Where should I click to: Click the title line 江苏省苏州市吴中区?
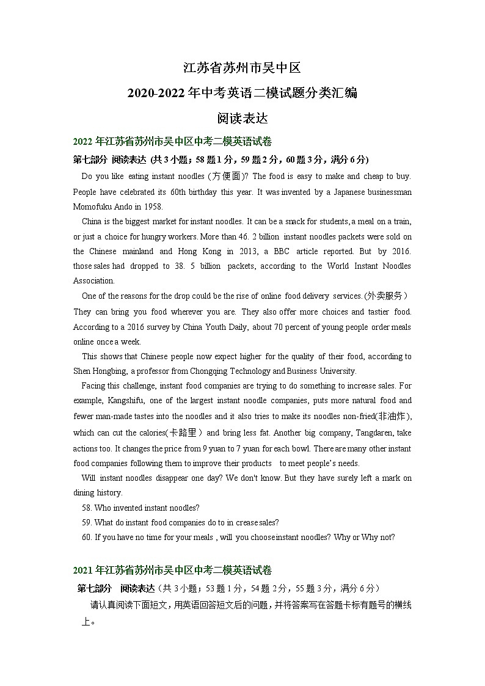[x=242, y=67]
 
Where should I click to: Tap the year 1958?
[x=153, y=206]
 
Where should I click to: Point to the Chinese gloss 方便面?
[x=225, y=177]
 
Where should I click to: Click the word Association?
[x=93, y=281]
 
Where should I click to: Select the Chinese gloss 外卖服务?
[x=386, y=296]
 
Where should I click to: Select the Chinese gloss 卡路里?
[x=183, y=432]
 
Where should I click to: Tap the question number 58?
[x=86, y=508]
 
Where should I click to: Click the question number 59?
[x=86, y=522]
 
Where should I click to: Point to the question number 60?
[x=86, y=538]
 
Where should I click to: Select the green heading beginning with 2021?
[x=172, y=570]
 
